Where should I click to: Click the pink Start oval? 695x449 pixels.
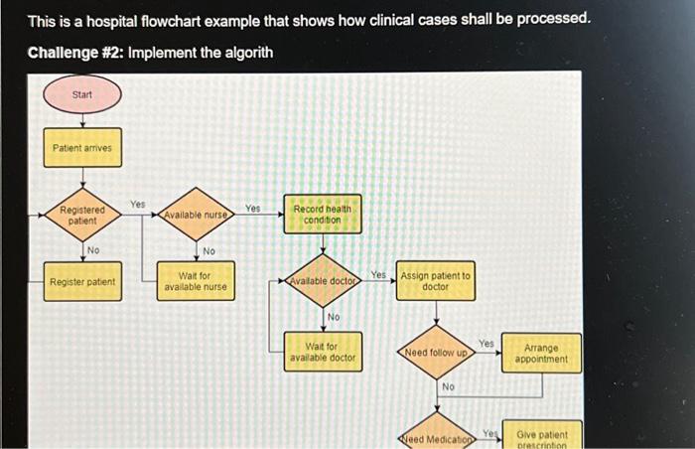[x=82, y=95]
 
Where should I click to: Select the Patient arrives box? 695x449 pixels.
[x=82, y=148]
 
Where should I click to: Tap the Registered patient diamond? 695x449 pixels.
[x=82, y=215]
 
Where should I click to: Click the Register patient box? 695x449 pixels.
[x=82, y=282]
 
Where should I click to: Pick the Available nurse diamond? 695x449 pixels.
[x=196, y=215]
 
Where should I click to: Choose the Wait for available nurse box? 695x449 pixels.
[x=196, y=281]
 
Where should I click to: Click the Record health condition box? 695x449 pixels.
[x=323, y=215]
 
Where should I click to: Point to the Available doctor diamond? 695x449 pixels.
[x=323, y=282]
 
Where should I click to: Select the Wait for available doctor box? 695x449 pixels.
[x=323, y=352]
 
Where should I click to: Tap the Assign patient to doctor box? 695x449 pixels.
[x=435, y=281]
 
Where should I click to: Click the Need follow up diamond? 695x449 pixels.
[x=435, y=352]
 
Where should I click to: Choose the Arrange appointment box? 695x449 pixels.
[x=541, y=354]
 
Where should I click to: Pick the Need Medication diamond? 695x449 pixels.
[x=435, y=437]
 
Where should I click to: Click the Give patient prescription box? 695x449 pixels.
[x=541, y=437]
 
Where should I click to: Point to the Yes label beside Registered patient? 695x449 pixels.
[x=137, y=203]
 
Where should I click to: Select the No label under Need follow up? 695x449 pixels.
[x=448, y=385]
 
